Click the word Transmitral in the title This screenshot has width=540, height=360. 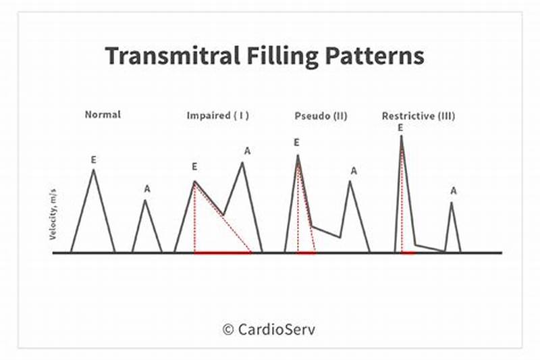168,56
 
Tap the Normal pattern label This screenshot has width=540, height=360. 103,114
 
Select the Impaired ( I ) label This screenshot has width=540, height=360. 217,115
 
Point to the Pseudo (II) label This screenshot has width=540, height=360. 321,115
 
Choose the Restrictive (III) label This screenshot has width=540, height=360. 418,115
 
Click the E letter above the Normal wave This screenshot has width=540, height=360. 94,159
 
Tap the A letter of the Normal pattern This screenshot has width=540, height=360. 147,188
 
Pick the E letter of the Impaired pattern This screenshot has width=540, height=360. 194,167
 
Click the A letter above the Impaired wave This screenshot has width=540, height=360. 247,151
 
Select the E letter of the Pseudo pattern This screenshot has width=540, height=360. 296,143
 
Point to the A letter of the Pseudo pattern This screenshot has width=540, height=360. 354,171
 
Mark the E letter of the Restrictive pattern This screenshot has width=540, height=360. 400,127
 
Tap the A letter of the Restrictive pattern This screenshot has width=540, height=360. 454,191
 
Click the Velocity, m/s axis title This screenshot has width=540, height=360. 53,215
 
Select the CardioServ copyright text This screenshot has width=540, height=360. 269,330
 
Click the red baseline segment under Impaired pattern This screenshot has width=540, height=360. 223,253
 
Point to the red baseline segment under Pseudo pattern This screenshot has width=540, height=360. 306,253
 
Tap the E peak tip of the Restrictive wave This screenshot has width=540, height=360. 402,136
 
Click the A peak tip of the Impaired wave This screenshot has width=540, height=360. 243,162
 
